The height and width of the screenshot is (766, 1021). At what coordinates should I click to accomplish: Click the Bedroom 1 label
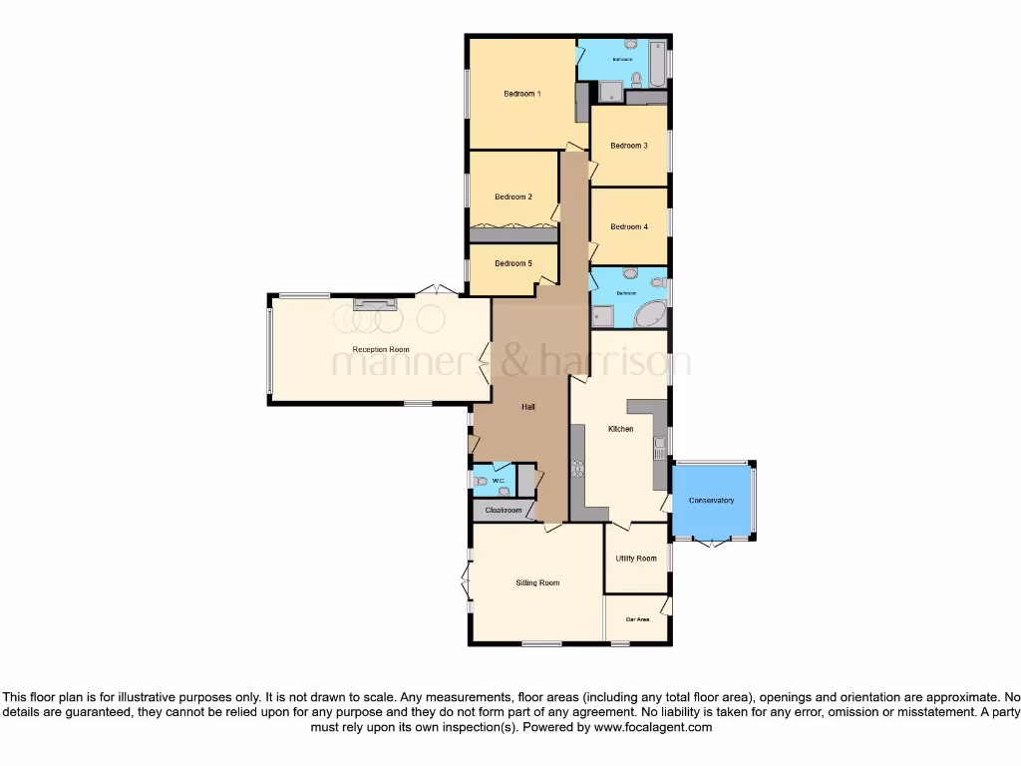coord(521,94)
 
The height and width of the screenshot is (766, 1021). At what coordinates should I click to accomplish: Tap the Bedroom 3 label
coord(629,146)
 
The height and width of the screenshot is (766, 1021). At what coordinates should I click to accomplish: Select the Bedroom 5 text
coord(512,263)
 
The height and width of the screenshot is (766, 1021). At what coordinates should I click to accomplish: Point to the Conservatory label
coord(711,501)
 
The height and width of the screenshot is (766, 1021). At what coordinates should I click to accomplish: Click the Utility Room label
coord(636,559)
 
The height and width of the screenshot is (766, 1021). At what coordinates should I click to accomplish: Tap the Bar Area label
coord(637,619)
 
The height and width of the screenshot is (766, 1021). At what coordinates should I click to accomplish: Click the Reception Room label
coord(381,350)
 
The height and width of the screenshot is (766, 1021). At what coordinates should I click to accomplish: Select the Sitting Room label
coord(537,582)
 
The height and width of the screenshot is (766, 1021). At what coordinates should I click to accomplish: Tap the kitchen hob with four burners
coord(577,468)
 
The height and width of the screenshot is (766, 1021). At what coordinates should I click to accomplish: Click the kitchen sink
coord(659,448)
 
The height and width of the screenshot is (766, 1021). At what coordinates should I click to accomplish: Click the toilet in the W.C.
coord(483,483)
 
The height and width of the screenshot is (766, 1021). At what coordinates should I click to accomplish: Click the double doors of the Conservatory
coord(712,543)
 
